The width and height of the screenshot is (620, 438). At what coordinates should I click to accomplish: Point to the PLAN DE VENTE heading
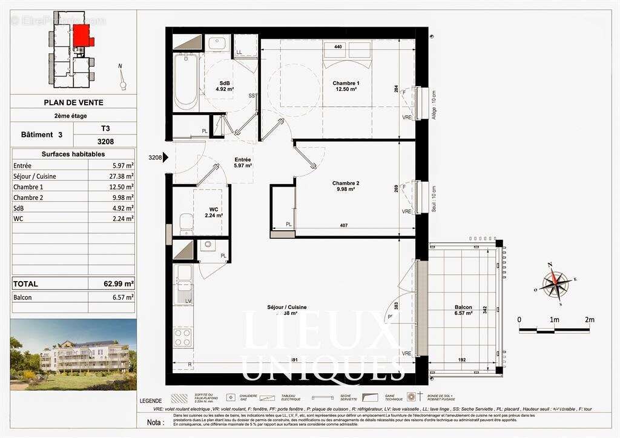pos(73,102)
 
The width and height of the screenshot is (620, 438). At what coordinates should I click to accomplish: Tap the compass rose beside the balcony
pos(554,282)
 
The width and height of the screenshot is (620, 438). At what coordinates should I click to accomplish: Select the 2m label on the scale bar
pos(589,319)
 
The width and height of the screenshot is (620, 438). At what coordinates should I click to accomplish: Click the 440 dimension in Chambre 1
pos(338,47)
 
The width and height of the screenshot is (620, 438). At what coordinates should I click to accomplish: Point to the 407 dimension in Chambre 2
pos(343,227)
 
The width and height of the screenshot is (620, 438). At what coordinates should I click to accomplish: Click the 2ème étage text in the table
pos(73,115)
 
